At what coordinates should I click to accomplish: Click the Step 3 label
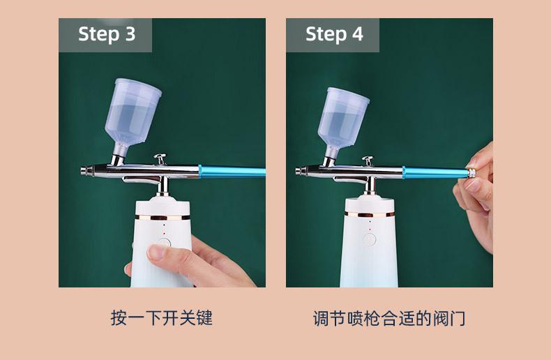pos(107,34)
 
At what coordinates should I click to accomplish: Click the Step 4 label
pos(334,34)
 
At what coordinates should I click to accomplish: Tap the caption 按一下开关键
pos(162,318)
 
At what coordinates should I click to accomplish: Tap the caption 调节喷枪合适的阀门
pos(389,318)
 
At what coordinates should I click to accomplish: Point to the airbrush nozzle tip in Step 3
pos(83,171)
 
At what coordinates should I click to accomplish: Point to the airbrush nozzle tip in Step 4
pos(298,171)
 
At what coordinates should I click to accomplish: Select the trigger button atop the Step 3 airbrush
pos(160,158)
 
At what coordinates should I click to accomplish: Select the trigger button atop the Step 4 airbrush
pos(368,160)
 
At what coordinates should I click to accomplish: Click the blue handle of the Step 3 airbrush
pos(232,171)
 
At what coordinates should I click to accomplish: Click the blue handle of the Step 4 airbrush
pos(435,172)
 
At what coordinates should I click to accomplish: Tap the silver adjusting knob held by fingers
pos(472,173)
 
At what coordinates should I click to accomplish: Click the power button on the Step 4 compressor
pos(370,240)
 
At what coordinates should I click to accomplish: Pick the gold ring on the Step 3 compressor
pos(163,218)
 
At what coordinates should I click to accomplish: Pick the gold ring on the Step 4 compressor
pos(370,214)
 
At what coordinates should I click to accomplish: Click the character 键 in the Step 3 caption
pos(204,318)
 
